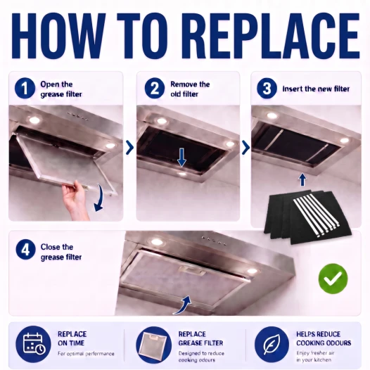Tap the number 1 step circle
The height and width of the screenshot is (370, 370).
(x=25, y=89)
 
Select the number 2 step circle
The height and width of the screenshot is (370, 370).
(x=155, y=89)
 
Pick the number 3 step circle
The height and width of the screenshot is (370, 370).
(x=267, y=89)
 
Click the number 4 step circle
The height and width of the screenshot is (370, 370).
(x=26, y=250)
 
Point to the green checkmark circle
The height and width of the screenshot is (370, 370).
(x=333, y=279)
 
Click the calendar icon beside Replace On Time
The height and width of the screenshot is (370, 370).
(x=33, y=343)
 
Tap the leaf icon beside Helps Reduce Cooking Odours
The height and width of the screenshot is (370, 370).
(x=272, y=344)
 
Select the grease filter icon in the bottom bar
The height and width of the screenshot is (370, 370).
(x=153, y=345)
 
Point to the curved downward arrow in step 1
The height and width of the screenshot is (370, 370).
(x=100, y=198)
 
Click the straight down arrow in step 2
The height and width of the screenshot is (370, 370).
(x=181, y=158)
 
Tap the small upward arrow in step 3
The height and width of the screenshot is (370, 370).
(x=302, y=180)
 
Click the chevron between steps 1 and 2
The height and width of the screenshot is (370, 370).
(x=129, y=148)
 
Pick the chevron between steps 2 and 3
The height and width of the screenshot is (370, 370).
(x=245, y=148)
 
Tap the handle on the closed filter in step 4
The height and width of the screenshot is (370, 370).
(x=192, y=271)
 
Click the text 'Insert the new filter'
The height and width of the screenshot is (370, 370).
(x=316, y=89)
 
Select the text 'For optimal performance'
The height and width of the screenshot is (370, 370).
(x=86, y=354)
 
